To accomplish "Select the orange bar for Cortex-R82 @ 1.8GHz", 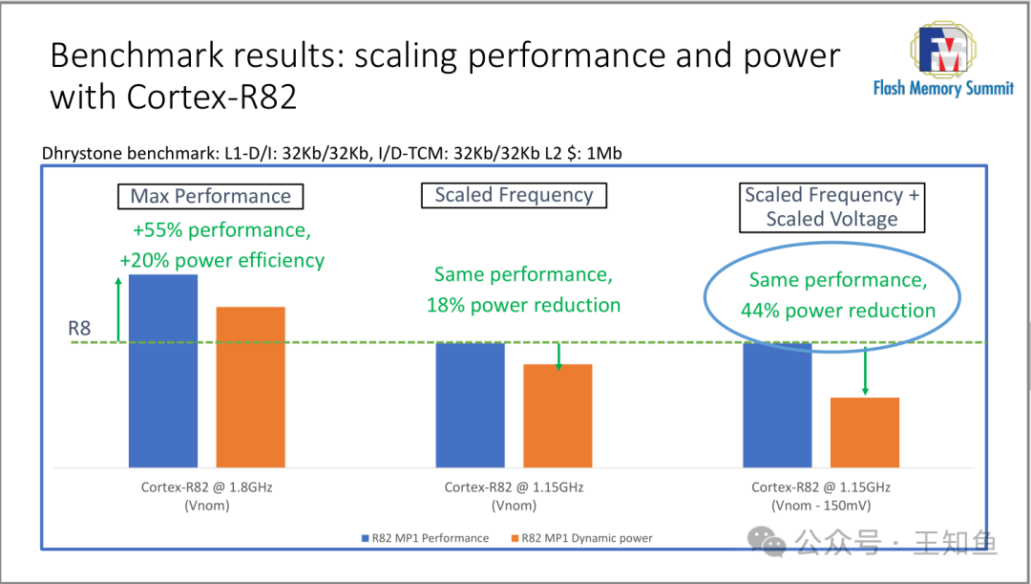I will coord(250,387).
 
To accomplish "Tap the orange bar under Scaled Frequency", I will coord(558,416).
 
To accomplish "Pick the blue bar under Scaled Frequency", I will coord(470,404).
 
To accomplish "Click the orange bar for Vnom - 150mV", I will coord(864,432).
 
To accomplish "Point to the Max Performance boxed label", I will coord(211,197).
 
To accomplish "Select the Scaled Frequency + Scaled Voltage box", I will coord(831,207).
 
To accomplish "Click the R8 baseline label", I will coord(79,329).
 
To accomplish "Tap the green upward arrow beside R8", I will coord(118,310).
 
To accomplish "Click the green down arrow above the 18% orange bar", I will coord(558,355).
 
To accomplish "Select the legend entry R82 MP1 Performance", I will coord(424,538).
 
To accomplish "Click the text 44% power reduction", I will coord(838,311).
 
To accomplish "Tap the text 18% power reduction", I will coord(523,306).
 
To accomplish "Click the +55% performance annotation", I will coord(221,231).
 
